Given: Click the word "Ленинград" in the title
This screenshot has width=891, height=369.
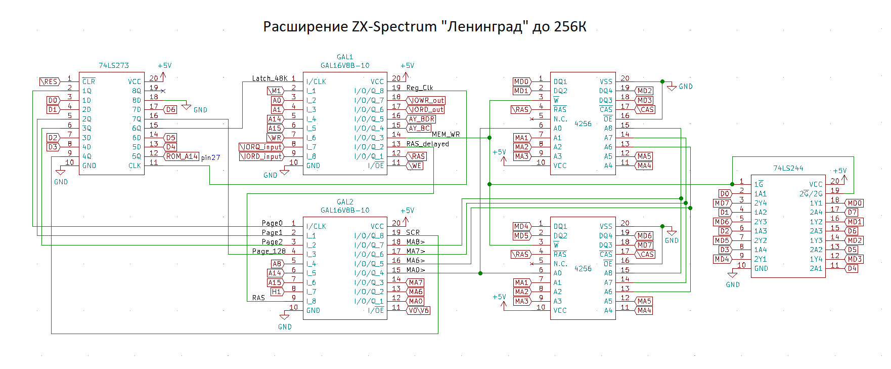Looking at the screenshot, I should click(x=485, y=27).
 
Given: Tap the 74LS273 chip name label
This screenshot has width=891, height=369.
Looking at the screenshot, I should click(x=114, y=65).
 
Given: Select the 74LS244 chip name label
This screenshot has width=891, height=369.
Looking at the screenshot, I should click(x=788, y=168).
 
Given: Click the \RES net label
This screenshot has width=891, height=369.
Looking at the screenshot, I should click(x=50, y=81).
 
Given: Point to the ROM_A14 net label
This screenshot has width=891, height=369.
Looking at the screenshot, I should click(x=182, y=156).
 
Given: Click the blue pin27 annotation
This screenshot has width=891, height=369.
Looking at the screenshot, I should click(x=210, y=157).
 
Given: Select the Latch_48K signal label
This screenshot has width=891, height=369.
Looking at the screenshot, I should click(x=270, y=78).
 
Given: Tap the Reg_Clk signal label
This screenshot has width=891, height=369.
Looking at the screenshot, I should click(x=420, y=88).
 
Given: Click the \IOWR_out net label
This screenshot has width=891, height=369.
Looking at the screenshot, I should click(x=426, y=100).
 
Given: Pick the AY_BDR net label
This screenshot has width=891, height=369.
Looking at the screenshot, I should click(x=421, y=119).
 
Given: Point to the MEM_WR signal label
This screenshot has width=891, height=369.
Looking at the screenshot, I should click(x=445, y=134).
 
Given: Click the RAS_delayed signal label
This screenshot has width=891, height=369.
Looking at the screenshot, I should click(x=427, y=144).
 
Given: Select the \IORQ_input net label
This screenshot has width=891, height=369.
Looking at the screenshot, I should click(x=261, y=147).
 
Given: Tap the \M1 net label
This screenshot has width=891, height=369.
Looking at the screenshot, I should click(x=275, y=91).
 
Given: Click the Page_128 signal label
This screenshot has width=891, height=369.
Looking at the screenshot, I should click(x=269, y=251).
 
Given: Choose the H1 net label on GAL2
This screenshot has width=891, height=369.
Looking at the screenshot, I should click(x=276, y=292).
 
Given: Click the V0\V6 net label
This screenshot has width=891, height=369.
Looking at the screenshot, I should click(x=418, y=310).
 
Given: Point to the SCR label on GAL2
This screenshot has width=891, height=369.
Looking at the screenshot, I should click(x=413, y=232).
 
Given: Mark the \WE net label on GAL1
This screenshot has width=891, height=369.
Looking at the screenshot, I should click(x=415, y=166).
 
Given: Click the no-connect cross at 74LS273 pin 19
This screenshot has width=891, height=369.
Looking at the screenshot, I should click(x=163, y=91).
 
